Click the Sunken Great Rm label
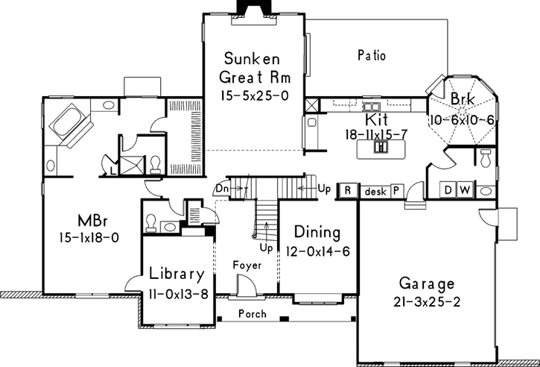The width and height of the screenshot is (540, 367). click(x=253, y=67)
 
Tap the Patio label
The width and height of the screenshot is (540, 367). click(x=371, y=55)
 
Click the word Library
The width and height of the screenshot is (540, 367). click(x=178, y=273)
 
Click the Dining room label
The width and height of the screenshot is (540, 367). click(x=317, y=232)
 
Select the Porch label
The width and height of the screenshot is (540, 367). click(x=252, y=314)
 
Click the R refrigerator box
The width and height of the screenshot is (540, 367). click(x=348, y=191)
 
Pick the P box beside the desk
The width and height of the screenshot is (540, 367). click(x=395, y=191)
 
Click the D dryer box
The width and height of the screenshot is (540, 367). click(x=449, y=190)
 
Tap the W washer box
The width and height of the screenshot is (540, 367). click(x=464, y=190)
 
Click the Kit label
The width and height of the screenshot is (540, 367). click(x=375, y=119)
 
